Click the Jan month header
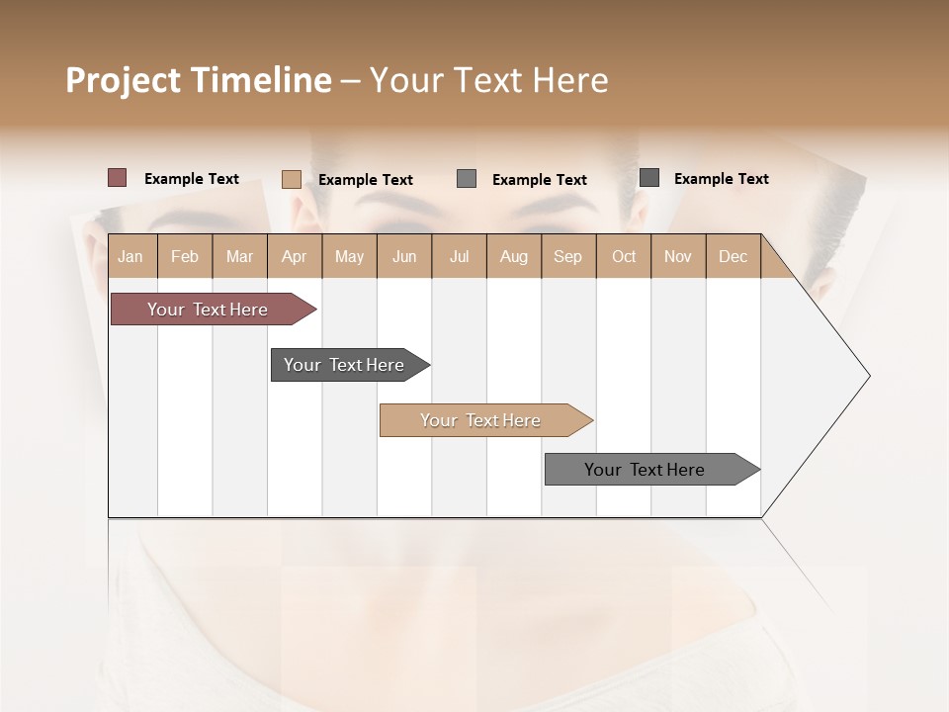point(130,256)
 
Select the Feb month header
point(185,256)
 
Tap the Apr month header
point(294,256)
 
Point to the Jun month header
point(404,256)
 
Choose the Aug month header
point(514,256)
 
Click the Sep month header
point(567,256)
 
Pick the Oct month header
point(624,256)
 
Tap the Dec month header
point(733,256)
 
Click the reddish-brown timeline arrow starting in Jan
point(209,310)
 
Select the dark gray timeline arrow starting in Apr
point(345,365)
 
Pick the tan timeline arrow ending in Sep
point(481,420)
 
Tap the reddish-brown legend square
point(118,178)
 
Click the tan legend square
point(291,179)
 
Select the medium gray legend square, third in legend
point(467,178)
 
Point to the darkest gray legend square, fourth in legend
point(649,177)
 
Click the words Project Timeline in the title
point(198,80)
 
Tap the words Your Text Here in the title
point(489,80)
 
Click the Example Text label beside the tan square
point(365,180)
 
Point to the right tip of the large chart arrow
point(868,376)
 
